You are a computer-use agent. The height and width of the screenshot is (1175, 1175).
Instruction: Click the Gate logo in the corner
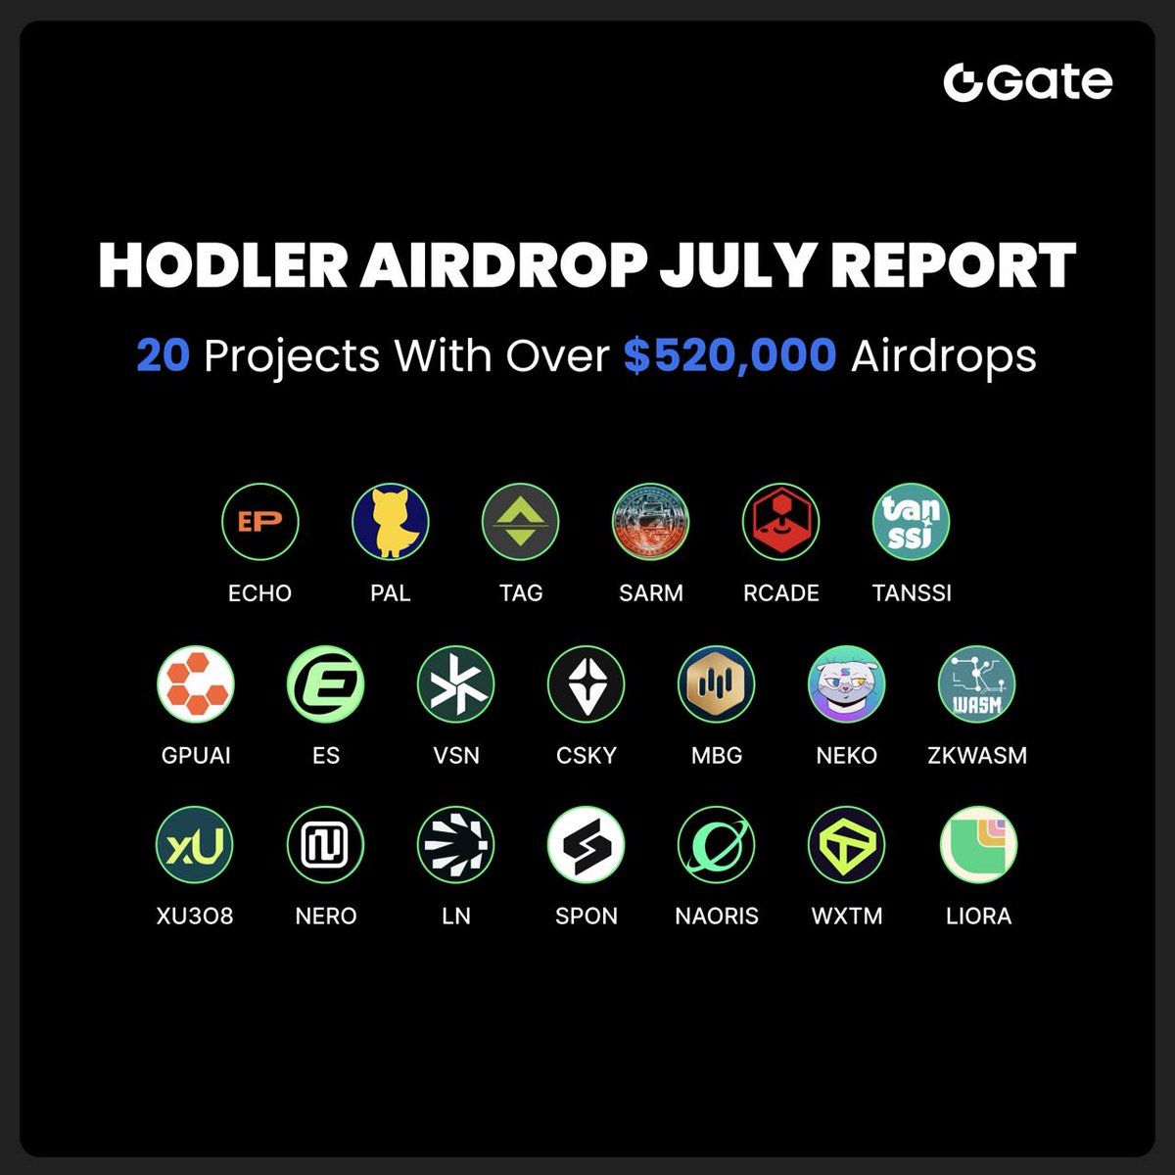click(1027, 82)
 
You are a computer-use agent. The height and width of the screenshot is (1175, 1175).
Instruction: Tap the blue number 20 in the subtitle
click(163, 355)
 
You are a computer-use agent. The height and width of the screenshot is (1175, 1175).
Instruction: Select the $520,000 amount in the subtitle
click(729, 355)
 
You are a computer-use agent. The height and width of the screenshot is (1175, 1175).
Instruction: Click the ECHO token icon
click(260, 522)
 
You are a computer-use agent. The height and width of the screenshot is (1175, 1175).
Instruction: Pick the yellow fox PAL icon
click(391, 522)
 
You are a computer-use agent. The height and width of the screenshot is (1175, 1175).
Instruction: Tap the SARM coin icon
click(651, 522)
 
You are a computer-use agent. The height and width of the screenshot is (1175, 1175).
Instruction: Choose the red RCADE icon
click(781, 522)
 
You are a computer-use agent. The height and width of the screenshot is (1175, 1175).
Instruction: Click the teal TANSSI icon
click(912, 522)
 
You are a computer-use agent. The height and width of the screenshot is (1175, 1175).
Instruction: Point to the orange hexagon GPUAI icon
click(196, 683)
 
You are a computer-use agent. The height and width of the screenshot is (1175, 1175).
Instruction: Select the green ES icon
click(326, 683)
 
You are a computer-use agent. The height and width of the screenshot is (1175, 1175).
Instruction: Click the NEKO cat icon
click(847, 683)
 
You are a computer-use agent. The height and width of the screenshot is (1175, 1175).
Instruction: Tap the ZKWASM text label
click(977, 755)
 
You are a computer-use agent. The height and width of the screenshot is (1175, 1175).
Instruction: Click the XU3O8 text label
click(195, 916)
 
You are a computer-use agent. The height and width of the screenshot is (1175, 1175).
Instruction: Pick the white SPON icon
click(587, 845)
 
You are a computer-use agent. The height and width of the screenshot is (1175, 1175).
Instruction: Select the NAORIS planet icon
click(717, 845)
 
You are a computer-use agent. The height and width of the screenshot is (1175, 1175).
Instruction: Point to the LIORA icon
click(978, 845)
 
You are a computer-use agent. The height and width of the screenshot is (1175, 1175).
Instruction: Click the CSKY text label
click(587, 755)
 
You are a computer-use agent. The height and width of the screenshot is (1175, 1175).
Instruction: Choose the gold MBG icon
click(717, 683)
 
